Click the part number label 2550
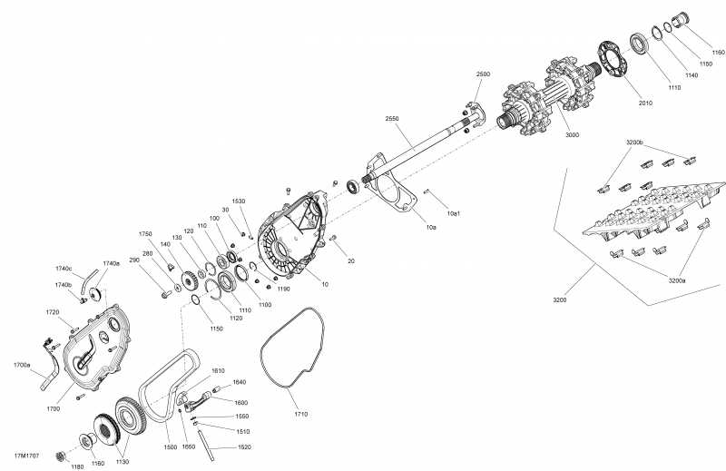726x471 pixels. pos(392,119)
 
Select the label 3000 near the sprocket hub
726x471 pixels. pos(573,135)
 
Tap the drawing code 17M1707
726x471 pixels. pos(26,456)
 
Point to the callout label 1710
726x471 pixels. pos(301,414)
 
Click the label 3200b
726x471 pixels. pos(634,142)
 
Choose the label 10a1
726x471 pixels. pos(453,213)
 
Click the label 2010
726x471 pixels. pos(645,103)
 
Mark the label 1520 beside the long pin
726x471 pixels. pos(244,446)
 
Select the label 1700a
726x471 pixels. pos(22,365)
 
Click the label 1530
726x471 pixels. pos(239,201)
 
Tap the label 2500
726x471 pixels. pos(483,74)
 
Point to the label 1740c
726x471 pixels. pos(64,269)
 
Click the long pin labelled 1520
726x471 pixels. pos(207,445)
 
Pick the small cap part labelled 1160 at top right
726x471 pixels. pos(681,20)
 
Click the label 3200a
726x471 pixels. pos(676,280)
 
